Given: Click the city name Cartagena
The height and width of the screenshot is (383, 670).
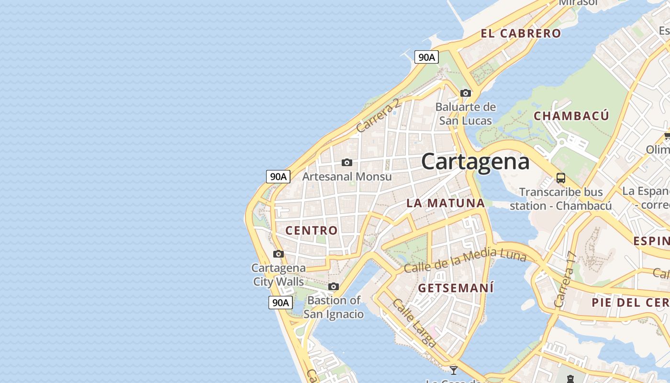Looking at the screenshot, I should point(475,162).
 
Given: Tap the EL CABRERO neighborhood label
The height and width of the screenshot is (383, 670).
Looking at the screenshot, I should point(521,34).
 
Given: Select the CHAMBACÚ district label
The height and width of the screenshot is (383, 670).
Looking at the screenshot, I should point(571,116).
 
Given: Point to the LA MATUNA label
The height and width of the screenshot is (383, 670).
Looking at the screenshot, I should point(446,203).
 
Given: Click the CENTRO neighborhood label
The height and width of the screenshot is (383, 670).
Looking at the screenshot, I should point(312,230).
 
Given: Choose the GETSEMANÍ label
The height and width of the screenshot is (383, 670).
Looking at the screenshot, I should point(456,288).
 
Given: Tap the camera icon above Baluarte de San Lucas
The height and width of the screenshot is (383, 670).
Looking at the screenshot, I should point(465,93).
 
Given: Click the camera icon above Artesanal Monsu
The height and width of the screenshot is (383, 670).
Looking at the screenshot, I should point(347,163).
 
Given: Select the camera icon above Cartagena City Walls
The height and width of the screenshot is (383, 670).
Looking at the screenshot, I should point(279,254).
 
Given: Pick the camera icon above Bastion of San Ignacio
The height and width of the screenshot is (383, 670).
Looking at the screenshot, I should point(334,287).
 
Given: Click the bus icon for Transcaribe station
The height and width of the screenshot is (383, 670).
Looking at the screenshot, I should point(561,178).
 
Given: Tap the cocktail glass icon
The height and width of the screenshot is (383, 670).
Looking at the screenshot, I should point(454,370).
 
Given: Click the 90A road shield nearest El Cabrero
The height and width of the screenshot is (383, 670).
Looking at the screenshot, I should point(426,57).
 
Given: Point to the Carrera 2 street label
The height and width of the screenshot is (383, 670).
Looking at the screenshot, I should point(378,116).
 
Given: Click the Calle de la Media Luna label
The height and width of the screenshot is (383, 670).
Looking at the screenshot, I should point(465,261).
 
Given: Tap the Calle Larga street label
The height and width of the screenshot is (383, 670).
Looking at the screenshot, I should point(414,323).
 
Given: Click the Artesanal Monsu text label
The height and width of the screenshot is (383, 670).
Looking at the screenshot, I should point(347,177).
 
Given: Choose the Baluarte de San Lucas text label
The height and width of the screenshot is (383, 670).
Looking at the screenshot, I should point(466,113).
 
